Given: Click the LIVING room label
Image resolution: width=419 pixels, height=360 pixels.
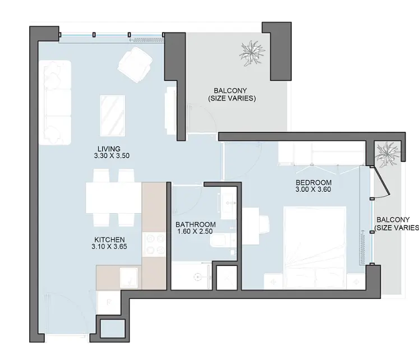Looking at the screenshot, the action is coord(109,149).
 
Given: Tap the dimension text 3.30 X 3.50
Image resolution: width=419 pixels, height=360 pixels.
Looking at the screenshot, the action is coord(112,156).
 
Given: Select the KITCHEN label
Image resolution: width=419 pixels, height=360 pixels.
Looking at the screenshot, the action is coord(109,240).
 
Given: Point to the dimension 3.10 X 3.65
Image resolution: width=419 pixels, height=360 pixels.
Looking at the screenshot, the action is coord(109,247).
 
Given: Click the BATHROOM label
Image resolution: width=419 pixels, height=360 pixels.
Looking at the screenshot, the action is coord(196,225).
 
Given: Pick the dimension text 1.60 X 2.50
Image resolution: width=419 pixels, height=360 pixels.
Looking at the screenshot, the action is coord(195,231).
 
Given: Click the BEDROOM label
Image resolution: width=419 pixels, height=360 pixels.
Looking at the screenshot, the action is coord(314,183).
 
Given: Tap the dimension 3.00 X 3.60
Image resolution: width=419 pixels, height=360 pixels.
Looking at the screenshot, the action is coord(313,190).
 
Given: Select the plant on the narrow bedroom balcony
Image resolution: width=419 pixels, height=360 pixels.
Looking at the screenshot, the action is coord(387,154).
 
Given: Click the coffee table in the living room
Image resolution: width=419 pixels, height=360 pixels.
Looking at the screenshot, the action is coord(113,116).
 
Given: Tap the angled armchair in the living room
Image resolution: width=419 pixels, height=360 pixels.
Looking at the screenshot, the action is coord(135,64).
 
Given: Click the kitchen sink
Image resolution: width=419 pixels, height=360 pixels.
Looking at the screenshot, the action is coord(129,277).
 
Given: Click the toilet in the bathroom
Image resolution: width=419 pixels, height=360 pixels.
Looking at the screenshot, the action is coord(222,241).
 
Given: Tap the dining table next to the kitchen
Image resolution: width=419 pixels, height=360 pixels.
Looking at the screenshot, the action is coord(114,197).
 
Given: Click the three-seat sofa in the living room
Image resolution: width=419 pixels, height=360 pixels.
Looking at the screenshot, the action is coord(56,103).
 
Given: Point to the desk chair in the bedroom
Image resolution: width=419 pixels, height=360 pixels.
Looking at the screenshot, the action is coord(264,224).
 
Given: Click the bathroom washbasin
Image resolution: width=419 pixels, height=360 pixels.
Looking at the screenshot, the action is coord(229,203).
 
